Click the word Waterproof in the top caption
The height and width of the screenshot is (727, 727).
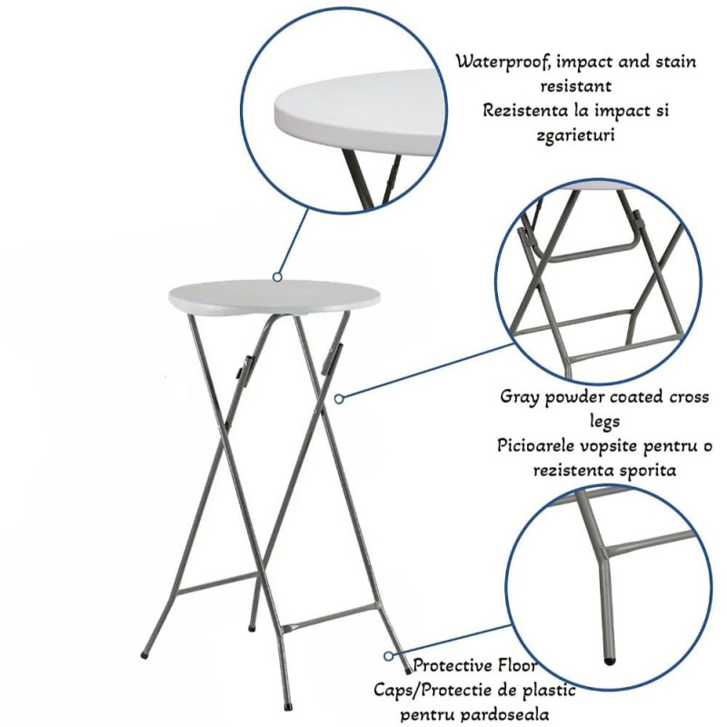tap(503, 62)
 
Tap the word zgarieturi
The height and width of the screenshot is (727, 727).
tap(575, 134)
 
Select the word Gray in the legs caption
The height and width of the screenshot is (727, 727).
tap(519, 398)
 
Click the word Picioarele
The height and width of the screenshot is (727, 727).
tap(537, 446)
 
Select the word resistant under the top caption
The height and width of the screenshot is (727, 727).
tap(576, 85)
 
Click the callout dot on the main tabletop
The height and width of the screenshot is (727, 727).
tap(277, 277)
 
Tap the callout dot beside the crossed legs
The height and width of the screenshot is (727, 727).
tap(339, 398)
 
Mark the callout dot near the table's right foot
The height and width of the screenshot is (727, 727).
tap(389, 655)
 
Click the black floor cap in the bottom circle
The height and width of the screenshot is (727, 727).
tap(610, 661)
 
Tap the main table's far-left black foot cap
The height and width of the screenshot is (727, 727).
tap(144, 655)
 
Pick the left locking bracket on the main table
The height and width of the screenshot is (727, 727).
tap(243, 369)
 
